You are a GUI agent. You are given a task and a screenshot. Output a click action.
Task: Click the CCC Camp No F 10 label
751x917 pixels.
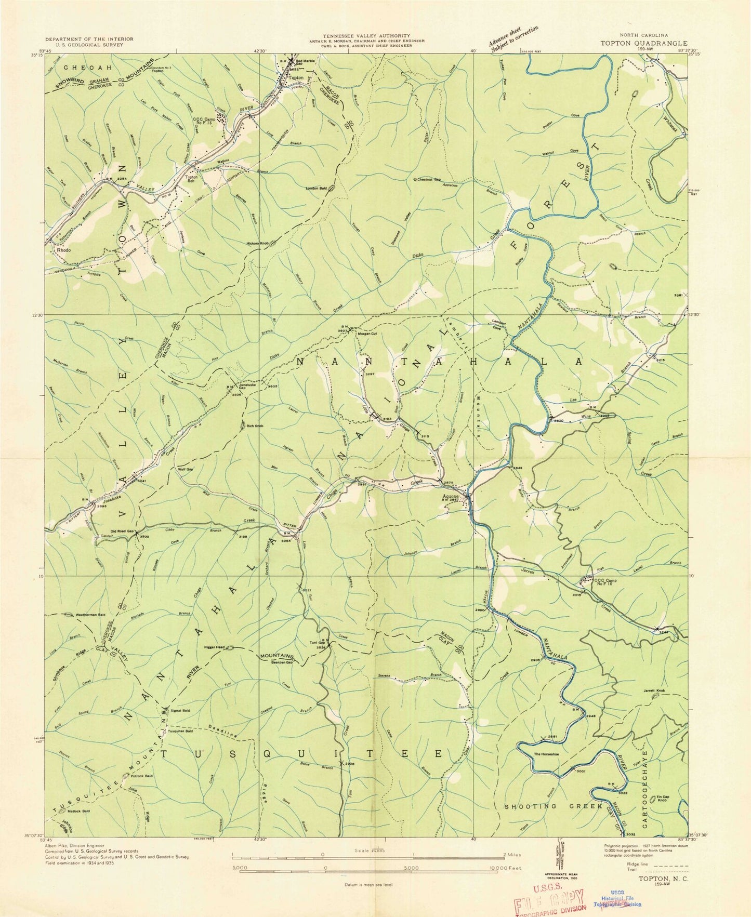click(x=606, y=582)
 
